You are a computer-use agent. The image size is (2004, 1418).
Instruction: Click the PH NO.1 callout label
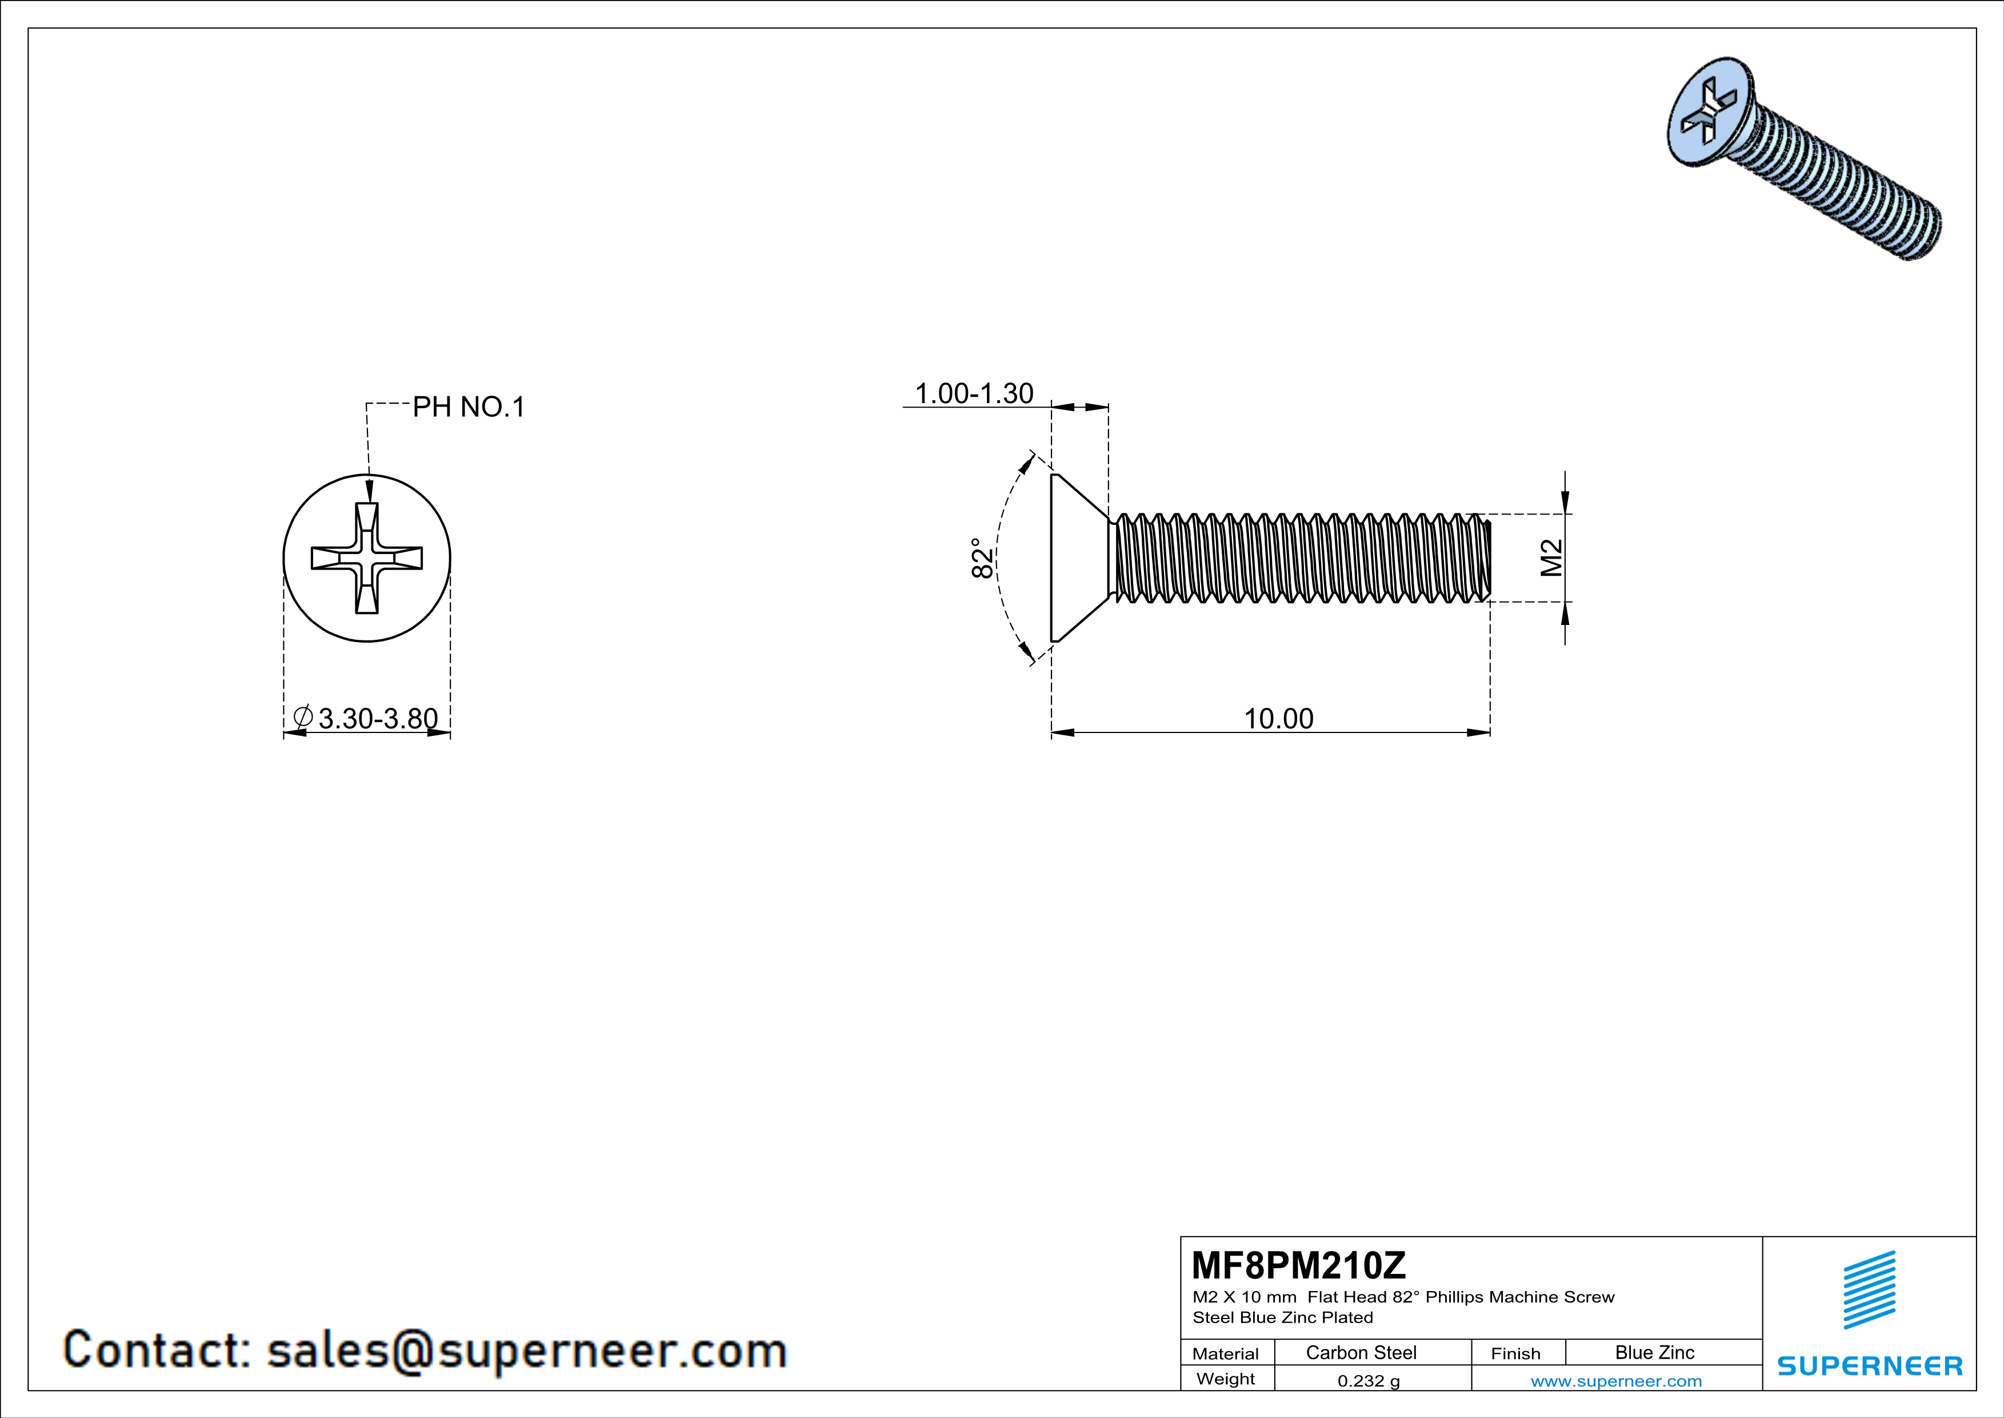[x=469, y=407]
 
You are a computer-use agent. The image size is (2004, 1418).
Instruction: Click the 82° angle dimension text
[x=982, y=558]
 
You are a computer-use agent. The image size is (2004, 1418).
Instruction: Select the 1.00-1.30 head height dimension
[x=973, y=394]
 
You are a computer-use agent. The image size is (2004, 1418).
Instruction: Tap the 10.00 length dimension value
[x=1278, y=719]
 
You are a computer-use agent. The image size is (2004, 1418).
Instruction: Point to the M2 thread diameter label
[x=1551, y=558]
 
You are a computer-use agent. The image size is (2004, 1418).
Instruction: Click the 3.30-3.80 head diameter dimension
[x=377, y=719]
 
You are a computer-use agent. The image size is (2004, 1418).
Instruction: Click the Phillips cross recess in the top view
[x=367, y=558]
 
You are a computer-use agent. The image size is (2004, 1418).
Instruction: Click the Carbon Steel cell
[x=1361, y=1352]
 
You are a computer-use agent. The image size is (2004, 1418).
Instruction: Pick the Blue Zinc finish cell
[x=1654, y=1352]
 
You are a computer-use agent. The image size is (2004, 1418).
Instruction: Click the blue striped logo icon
[x=1869, y=1290]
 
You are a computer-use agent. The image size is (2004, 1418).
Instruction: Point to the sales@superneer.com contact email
[x=526, y=1350]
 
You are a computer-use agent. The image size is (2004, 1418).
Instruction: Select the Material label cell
[x=1226, y=1353]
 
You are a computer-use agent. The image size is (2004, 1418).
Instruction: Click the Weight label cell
[x=1226, y=1379]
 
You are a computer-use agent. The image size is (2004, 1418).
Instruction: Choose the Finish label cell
[x=1515, y=1353]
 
